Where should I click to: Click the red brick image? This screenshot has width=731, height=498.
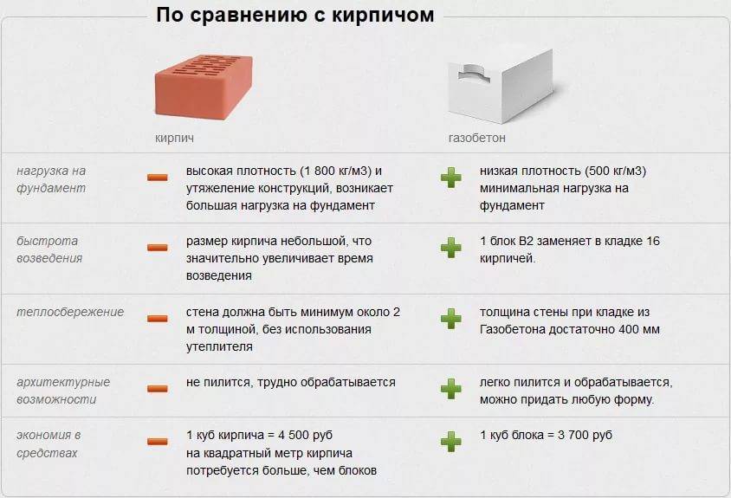pyautogui.click(x=204, y=87)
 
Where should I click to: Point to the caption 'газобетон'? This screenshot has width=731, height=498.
pyautogui.click(x=476, y=138)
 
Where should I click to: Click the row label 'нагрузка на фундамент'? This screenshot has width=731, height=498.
pyautogui.click(x=51, y=179)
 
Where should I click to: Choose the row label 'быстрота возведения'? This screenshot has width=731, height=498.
pyautogui.click(x=49, y=249)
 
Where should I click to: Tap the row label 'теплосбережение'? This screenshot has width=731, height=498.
pyautogui.click(x=70, y=312)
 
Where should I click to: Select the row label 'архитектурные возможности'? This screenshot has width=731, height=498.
pyautogui.click(x=63, y=391)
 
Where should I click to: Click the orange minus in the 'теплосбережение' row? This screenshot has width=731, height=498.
pyautogui.click(x=157, y=319)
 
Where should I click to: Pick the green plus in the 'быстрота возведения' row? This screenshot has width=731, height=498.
pyautogui.click(x=450, y=248)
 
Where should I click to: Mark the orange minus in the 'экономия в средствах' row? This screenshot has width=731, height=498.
pyautogui.click(x=157, y=442)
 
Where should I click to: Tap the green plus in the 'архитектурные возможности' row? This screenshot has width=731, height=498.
pyautogui.click(x=450, y=388)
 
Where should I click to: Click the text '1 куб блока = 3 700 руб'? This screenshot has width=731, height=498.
pyautogui.click(x=546, y=435)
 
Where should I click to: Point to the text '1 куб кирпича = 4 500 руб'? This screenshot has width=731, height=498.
pyautogui.click(x=259, y=435)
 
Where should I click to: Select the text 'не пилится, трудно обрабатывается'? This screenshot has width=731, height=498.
pyautogui.click(x=291, y=382)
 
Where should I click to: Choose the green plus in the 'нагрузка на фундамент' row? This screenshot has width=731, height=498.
pyautogui.click(x=450, y=178)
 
